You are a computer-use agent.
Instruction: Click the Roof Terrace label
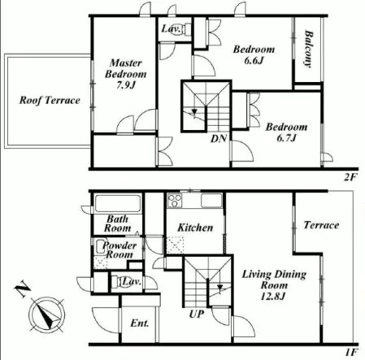pyautogui.click(x=50, y=100)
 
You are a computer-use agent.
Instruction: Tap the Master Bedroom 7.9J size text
pyautogui.click(x=126, y=85)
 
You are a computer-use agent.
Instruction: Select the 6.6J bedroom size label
pyautogui.click(x=254, y=60)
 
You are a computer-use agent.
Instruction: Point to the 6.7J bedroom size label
pyautogui.click(x=286, y=138)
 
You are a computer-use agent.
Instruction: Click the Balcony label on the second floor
pyautogui.click(x=309, y=48)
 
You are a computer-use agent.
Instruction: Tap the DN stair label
pyautogui.click(x=219, y=139)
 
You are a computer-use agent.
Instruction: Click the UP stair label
pyautogui.click(x=197, y=314)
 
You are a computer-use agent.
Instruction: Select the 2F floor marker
pyautogui.click(x=350, y=177)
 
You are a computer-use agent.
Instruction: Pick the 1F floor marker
pyautogui.click(x=351, y=353)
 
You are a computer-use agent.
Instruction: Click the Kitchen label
pyautogui.click(x=195, y=228)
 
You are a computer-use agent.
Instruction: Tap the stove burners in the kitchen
pyautogui.click(x=175, y=201)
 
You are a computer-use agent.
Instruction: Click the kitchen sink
pyautogui.click(x=211, y=201)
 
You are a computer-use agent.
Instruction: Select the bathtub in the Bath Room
pyautogui.click(x=118, y=203)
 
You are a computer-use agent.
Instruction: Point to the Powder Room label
pyautogui.click(x=119, y=249)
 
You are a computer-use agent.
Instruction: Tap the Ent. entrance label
pyautogui.click(x=140, y=323)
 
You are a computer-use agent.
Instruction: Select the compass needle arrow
pyautogui.click(x=46, y=315)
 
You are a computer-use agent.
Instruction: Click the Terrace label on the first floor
pyautogui.click(x=321, y=225)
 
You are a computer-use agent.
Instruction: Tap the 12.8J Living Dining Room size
pyautogui.click(x=273, y=297)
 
